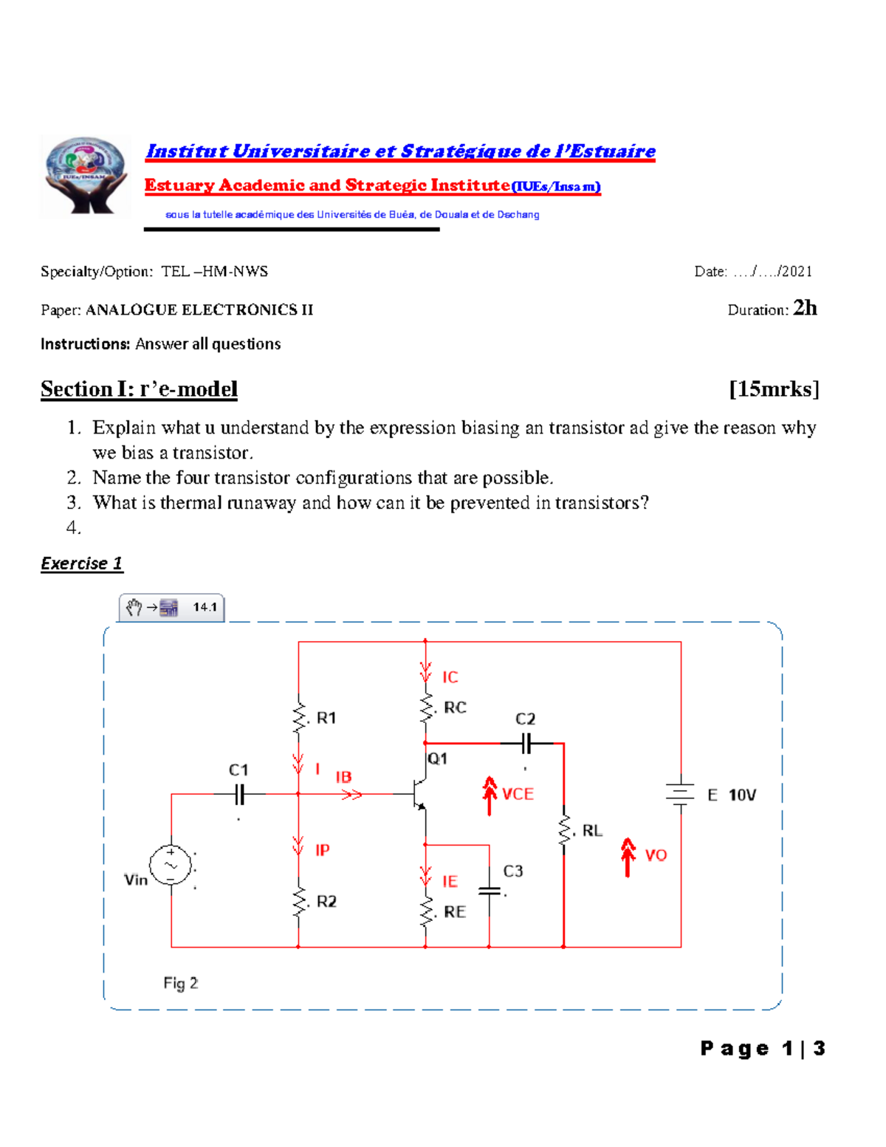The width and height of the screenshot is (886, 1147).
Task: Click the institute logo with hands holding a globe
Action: [86, 176]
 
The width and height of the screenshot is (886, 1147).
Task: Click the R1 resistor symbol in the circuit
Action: [299, 717]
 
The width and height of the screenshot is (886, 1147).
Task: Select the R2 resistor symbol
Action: [299, 901]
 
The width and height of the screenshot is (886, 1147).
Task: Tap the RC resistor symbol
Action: [426, 708]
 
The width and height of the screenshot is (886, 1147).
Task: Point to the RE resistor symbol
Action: [426, 911]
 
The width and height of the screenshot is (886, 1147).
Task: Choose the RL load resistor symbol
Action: [564, 830]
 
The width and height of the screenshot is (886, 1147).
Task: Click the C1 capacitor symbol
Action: [239, 795]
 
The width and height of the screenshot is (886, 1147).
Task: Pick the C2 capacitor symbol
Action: [526, 744]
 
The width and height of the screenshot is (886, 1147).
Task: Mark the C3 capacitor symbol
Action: [489, 891]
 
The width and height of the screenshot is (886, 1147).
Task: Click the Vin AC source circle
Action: [171, 865]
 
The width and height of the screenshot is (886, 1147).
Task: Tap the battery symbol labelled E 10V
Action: [680, 795]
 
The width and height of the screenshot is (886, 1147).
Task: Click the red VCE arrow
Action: [490, 795]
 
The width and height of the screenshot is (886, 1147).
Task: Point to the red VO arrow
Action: [628, 856]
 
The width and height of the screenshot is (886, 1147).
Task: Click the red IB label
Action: [343, 777]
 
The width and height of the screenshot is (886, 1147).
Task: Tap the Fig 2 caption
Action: [181, 983]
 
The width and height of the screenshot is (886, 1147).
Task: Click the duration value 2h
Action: [805, 308]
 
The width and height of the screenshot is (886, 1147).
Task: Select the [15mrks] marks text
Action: [774, 389]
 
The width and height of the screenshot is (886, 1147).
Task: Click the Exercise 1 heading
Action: [81, 564]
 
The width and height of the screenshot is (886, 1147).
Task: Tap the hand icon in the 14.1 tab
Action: [134, 607]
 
